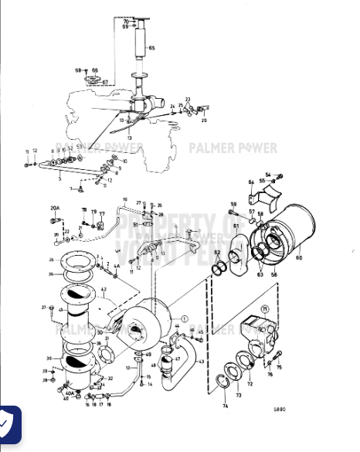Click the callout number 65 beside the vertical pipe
(x=151, y=49)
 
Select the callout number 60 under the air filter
(x=299, y=257)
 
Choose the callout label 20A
(x=55, y=208)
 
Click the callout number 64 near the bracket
(x=251, y=182)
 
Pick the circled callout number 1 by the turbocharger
(x=184, y=318)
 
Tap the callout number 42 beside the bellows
(x=102, y=290)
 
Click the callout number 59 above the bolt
(x=233, y=204)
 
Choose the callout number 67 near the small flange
(x=106, y=81)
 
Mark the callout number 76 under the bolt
(x=270, y=375)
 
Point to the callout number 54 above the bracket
(x=268, y=175)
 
